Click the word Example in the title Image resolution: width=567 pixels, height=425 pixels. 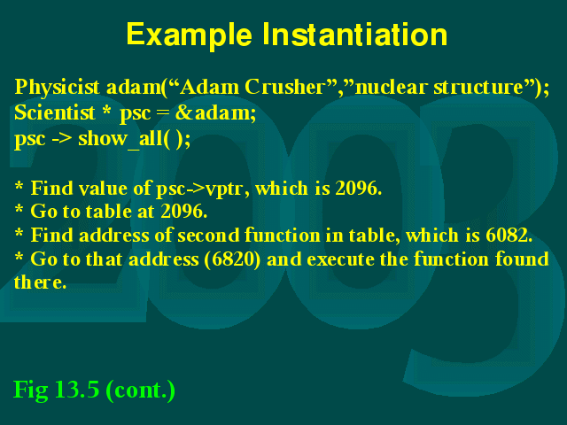[189, 35]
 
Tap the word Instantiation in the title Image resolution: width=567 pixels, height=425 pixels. [354, 34]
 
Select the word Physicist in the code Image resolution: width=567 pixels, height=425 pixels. [57, 88]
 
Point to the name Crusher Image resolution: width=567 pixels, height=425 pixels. [284, 87]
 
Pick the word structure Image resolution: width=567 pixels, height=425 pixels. [478, 87]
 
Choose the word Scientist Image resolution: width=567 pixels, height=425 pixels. [55, 112]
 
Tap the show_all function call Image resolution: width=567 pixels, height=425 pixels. [134, 139]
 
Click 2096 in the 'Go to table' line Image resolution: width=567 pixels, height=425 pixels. [183, 212]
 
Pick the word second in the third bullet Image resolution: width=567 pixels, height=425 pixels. [208, 236]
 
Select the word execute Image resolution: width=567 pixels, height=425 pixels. [337, 259]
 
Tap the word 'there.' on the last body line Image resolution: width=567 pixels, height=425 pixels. [40, 282]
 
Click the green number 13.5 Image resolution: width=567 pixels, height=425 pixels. [77, 390]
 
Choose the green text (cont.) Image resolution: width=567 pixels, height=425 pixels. [141, 390]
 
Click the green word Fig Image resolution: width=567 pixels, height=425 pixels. [31, 390]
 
